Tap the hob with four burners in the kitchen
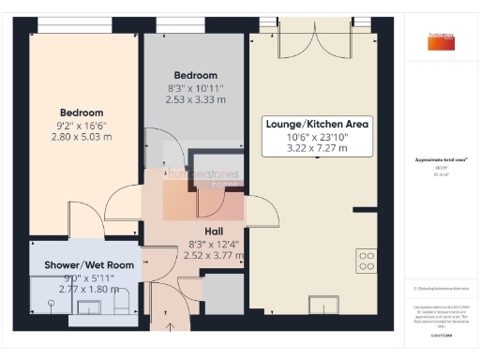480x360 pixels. coord(366,260)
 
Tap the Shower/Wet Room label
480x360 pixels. coord(89,265)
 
